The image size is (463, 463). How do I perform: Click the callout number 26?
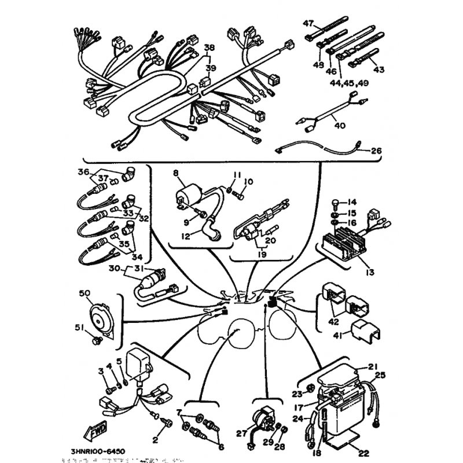(376, 151)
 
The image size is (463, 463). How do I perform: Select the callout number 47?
(308, 24)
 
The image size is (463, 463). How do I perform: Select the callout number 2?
(155, 440)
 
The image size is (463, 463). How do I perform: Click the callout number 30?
(114, 268)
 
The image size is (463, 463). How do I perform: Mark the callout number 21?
(372, 365)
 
